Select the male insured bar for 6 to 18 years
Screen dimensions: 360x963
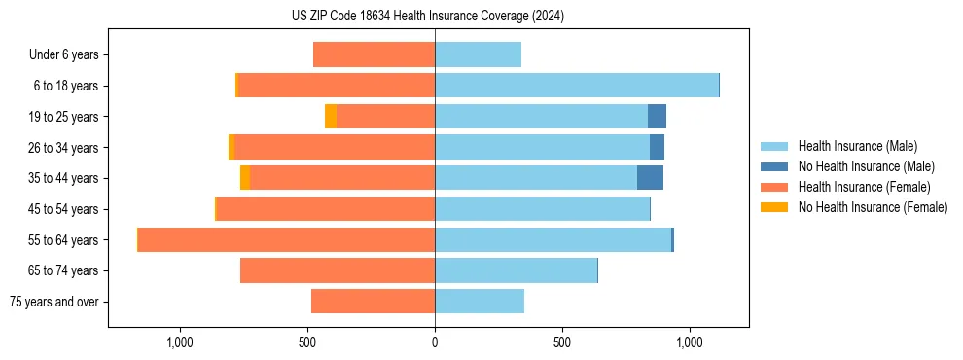point(576,86)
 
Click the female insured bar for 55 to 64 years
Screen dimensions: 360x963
point(286,239)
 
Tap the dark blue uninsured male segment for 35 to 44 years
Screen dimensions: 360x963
point(650,178)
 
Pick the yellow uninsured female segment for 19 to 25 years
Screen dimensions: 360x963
point(331,117)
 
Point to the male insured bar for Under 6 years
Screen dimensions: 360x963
point(478,54)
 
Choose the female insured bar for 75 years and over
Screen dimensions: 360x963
point(373,302)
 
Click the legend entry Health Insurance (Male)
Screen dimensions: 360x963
point(857,146)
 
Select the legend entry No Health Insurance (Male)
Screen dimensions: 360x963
point(866,166)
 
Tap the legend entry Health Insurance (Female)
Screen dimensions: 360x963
point(864,187)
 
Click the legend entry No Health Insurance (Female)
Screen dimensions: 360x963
point(873,207)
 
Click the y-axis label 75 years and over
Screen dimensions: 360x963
point(53,302)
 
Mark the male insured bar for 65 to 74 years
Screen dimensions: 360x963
point(516,270)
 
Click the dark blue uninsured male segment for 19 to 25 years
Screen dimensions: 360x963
point(657,117)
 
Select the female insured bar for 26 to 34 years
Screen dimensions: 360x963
point(335,147)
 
